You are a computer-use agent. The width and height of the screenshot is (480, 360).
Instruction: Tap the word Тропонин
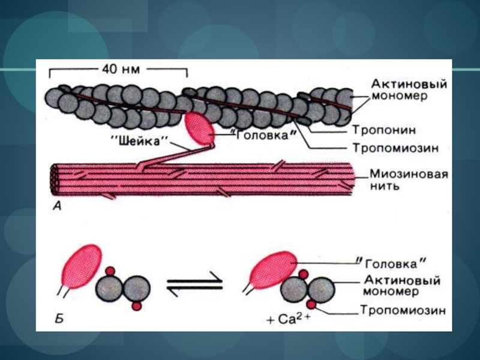pos(384,130)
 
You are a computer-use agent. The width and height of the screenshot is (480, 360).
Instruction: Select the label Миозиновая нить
pos(409,179)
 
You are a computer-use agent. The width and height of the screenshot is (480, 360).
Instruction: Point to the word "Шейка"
pos(139,142)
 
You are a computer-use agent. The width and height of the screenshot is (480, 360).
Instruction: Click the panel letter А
pos(57,206)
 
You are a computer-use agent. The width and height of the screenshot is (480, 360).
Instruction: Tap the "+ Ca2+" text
pos(288,319)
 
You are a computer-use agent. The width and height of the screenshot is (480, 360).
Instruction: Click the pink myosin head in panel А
pos(200,128)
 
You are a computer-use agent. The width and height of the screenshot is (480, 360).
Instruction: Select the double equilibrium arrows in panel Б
pos(194,283)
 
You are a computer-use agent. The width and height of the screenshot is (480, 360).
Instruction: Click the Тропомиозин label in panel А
pos(396,148)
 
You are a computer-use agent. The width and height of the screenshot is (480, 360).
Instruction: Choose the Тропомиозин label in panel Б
pos(403,310)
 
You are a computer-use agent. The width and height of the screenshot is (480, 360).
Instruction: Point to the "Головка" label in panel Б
pos(391,263)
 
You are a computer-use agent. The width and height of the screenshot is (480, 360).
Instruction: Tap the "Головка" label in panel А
pos(263,135)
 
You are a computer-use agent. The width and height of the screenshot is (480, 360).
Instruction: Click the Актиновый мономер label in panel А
pos(409,89)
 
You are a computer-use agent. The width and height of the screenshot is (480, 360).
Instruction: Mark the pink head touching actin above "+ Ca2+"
pos(272,270)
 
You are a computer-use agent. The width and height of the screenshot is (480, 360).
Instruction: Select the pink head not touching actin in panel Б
pos(82,266)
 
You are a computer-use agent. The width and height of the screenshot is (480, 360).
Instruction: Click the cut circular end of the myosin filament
pos(55,179)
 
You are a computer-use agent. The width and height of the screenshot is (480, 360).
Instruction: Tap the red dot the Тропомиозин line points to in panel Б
pos(311,304)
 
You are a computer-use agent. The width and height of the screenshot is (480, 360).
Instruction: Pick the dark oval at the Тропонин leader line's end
pos(304,122)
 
